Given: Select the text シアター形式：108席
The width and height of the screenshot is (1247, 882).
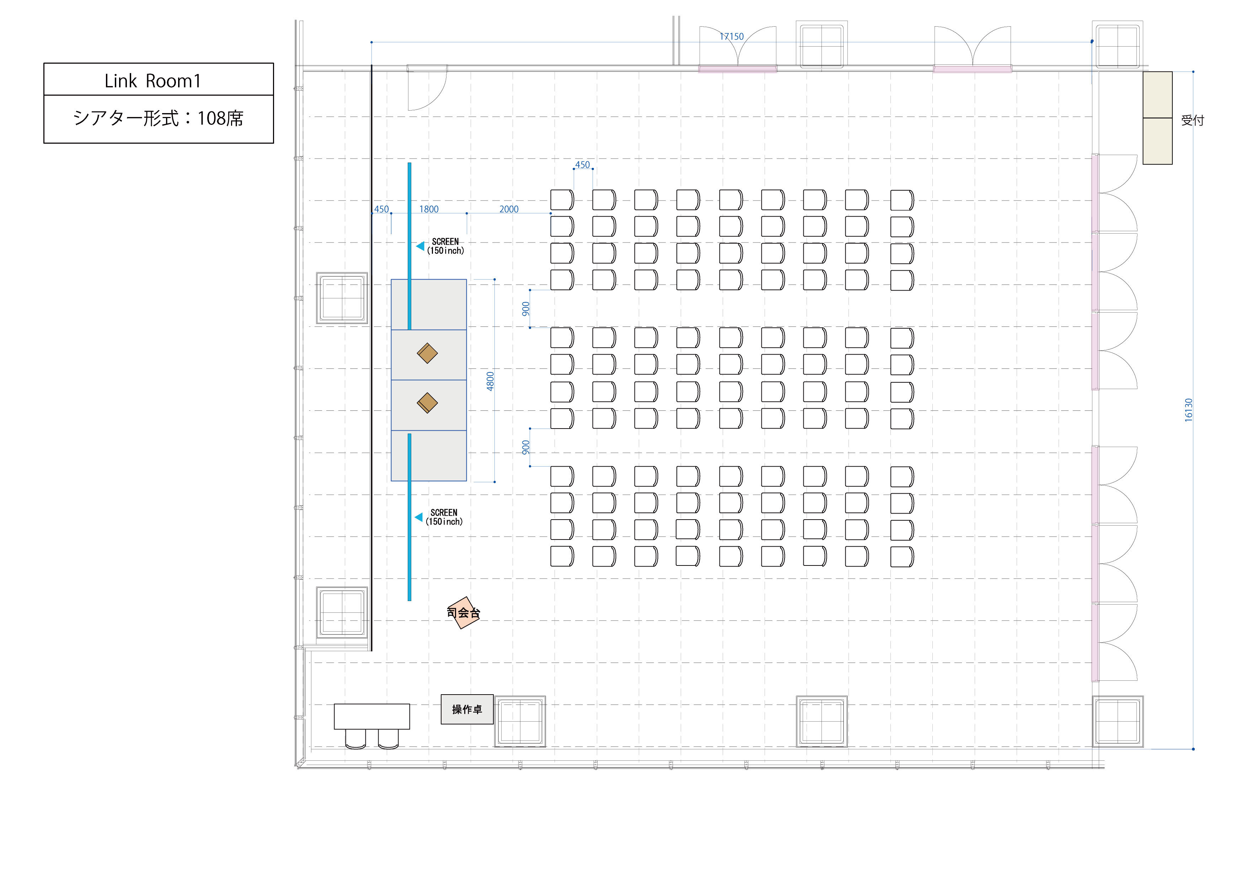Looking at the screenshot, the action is pyautogui.click(x=158, y=118).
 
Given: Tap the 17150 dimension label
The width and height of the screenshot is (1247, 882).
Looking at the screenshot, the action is pyautogui.click(x=732, y=36).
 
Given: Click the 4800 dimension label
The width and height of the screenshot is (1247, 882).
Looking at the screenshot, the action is pyautogui.click(x=491, y=381).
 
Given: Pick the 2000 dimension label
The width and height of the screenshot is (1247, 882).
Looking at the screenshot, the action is pyautogui.click(x=509, y=209).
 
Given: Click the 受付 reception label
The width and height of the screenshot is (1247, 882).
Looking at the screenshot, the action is pyautogui.click(x=1193, y=120).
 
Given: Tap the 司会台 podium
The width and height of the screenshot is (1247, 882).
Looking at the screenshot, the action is pyautogui.click(x=463, y=613).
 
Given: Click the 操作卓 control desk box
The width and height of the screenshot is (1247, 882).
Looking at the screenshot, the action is pyautogui.click(x=467, y=709).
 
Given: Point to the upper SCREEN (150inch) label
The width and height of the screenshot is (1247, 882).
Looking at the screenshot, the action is pyautogui.click(x=445, y=246).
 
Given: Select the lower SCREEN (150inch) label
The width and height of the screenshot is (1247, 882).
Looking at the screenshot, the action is pyautogui.click(x=444, y=517).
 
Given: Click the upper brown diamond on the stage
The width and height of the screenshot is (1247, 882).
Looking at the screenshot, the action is pyautogui.click(x=427, y=353).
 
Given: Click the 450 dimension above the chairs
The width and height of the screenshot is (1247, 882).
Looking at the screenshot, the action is pyautogui.click(x=582, y=165).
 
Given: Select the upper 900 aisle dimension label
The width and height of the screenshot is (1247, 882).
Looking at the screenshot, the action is pyautogui.click(x=525, y=309).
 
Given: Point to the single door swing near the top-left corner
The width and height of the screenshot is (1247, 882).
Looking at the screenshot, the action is pyautogui.click(x=427, y=90).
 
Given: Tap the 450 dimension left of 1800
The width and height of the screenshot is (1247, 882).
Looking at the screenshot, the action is pyautogui.click(x=381, y=209).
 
